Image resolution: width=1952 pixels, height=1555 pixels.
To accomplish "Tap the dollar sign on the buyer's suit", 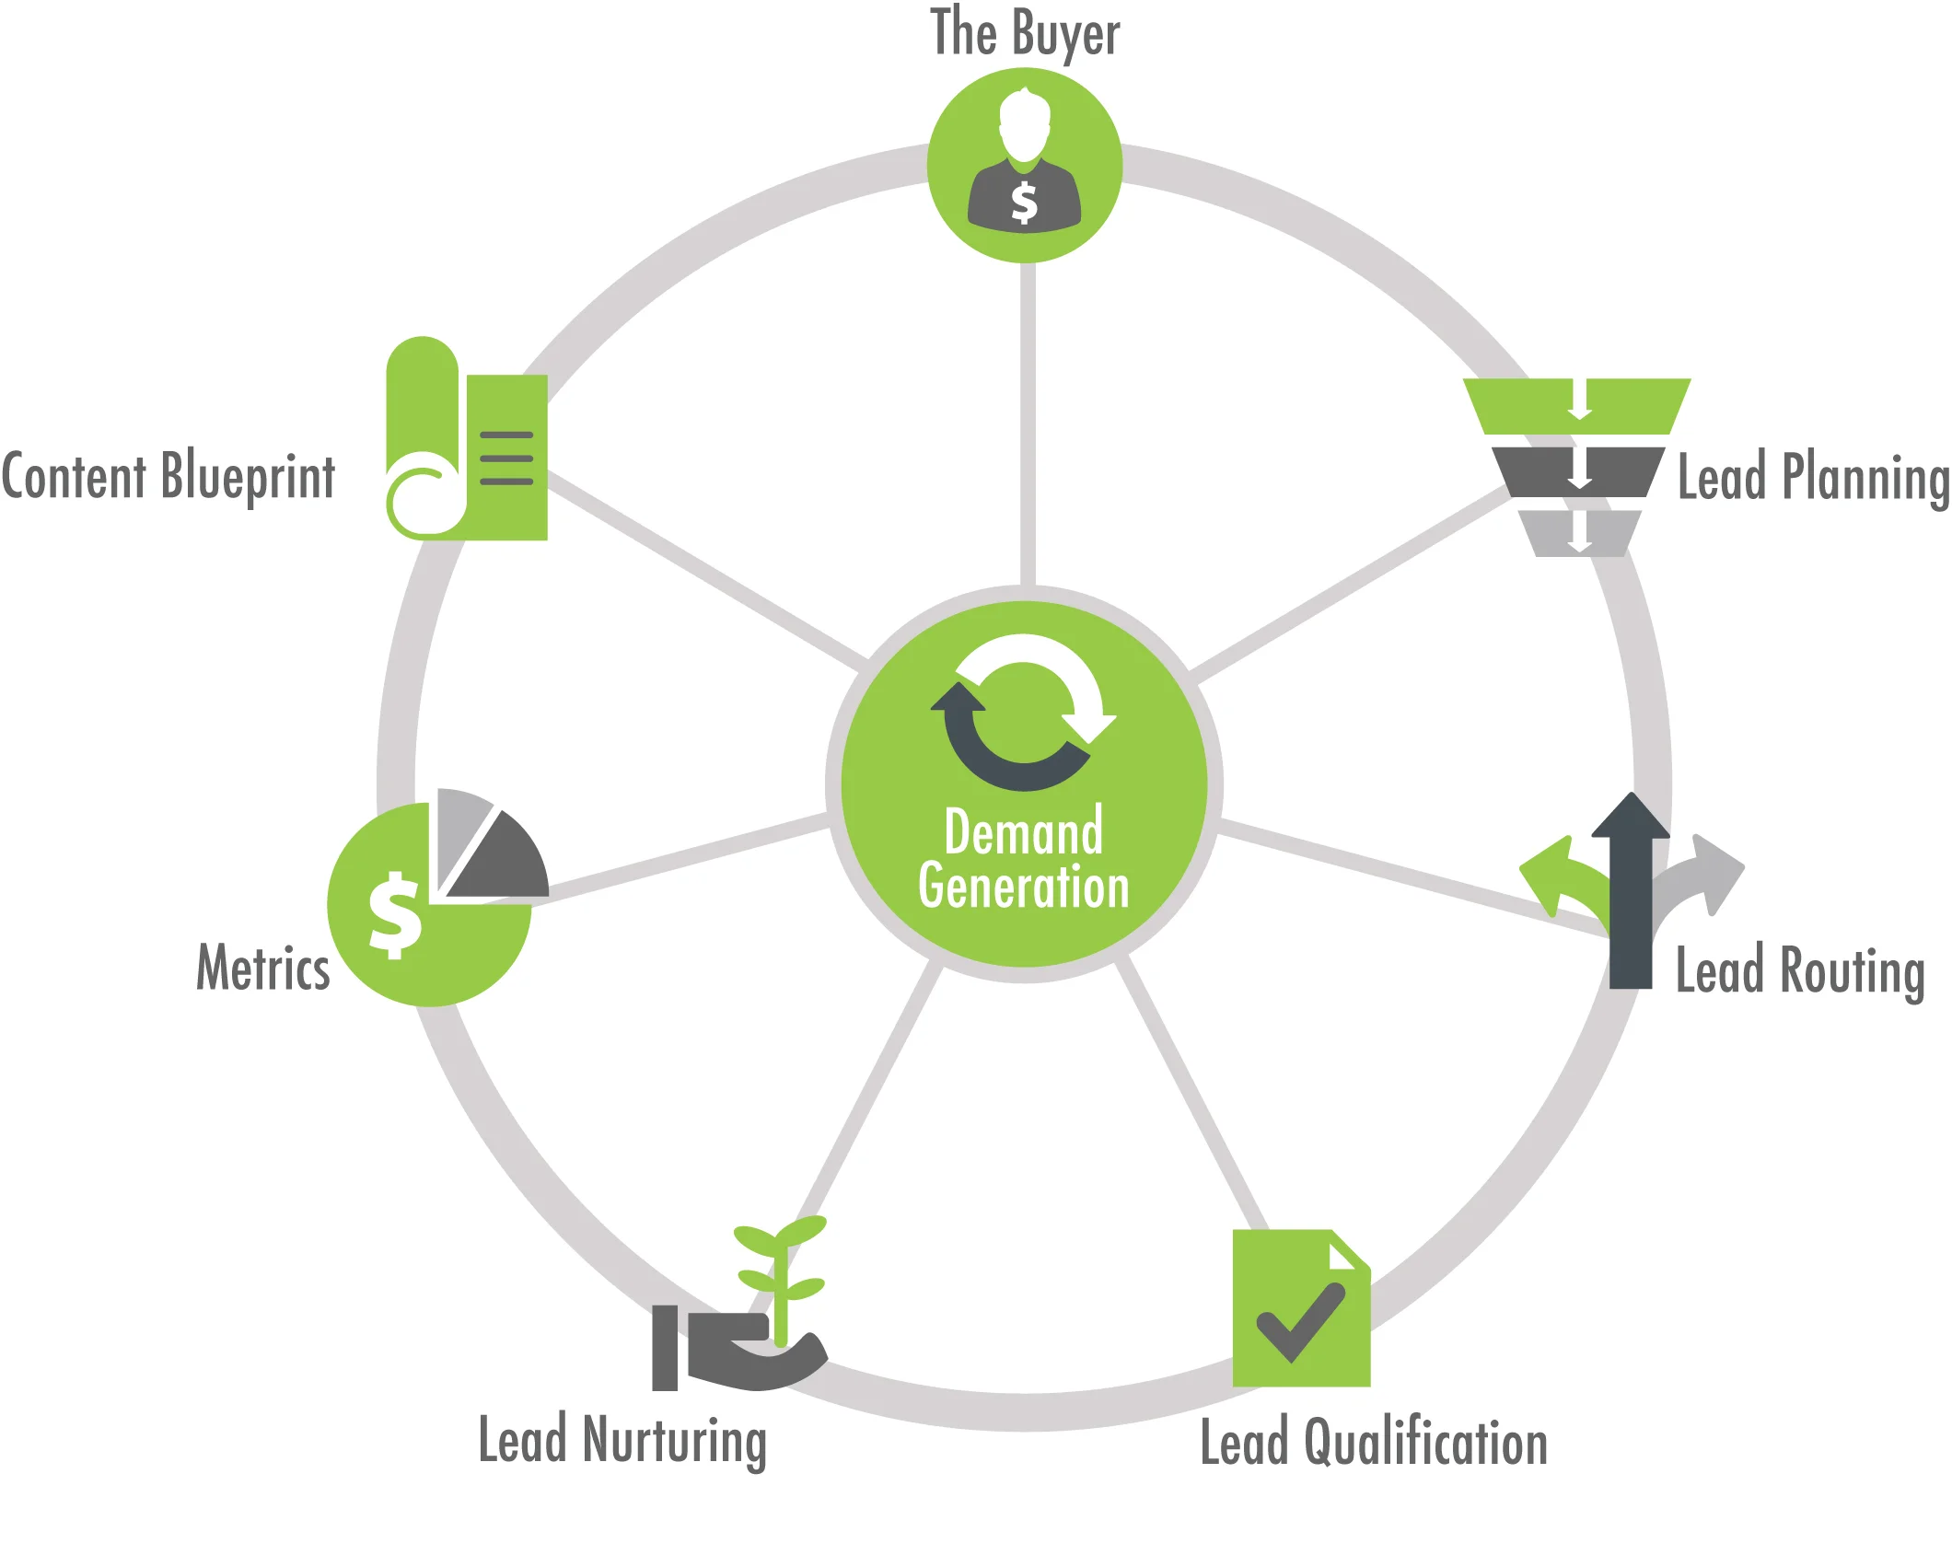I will click(1024, 203).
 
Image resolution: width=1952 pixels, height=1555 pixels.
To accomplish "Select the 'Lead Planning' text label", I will click(1813, 477).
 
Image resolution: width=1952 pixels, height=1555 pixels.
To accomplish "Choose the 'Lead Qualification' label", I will click(1374, 1443).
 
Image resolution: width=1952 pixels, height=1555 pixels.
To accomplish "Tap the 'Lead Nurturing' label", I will click(622, 1441).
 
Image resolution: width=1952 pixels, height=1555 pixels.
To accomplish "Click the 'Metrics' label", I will click(263, 968).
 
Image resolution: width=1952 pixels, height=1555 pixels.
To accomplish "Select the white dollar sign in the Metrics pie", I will click(395, 915).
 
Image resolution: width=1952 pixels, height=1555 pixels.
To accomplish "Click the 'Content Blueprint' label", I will click(168, 476).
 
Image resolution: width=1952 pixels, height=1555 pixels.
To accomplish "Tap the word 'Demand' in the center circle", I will click(1024, 831).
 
